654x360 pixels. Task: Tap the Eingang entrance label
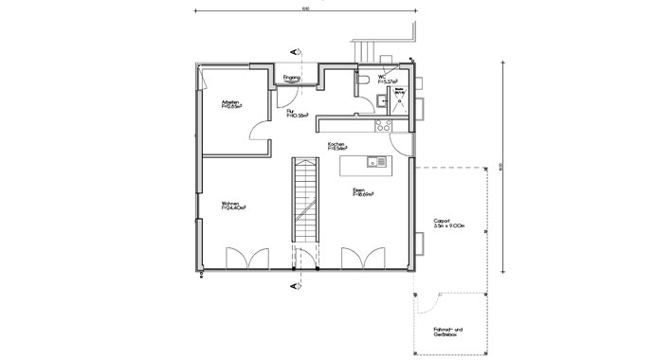point(292,78)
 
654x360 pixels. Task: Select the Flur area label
point(300,114)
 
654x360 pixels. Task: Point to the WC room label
point(385,80)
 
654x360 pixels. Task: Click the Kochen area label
point(337,147)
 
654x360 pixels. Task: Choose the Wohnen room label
point(234,206)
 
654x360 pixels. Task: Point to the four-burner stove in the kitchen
point(384,124)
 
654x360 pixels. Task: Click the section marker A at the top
point(296,49)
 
